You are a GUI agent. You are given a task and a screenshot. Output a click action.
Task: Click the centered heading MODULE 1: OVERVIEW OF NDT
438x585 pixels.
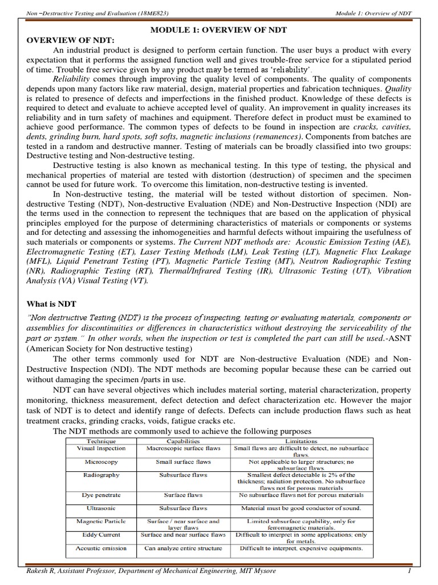[218, 29]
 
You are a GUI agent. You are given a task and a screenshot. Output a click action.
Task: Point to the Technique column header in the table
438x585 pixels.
[101, 442]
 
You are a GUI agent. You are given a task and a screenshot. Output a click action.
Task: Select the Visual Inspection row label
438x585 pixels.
[101, 449]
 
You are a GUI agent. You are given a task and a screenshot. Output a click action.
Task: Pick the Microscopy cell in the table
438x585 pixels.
[101, 462]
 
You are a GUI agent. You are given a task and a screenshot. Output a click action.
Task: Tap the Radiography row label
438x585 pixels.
[101, 475]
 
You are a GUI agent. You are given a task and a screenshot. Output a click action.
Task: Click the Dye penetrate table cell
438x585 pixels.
[101, 495]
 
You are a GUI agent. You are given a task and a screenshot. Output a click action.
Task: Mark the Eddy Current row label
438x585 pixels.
[101, 535]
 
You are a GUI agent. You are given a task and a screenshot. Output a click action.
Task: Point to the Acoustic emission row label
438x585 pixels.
[101, 548]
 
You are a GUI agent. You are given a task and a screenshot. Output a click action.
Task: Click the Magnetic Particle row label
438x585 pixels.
[101, 521]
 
